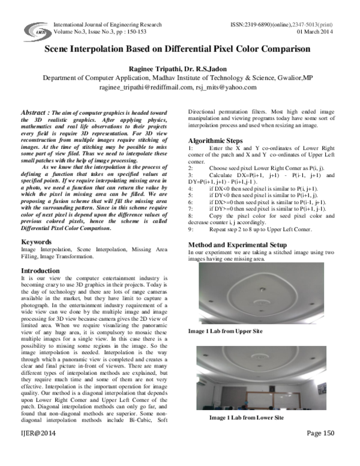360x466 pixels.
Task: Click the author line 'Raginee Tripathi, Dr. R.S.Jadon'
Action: [x=181, y=68]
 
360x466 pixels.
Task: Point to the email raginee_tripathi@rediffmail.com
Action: [x=140, y=87]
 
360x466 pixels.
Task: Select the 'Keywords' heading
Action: [x=36, y=242]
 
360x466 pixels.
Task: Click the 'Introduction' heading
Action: [x=41, y=271]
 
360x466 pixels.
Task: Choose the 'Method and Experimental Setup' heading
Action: [x=236, y=262]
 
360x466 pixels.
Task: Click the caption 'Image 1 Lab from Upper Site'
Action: [x=226, y=331]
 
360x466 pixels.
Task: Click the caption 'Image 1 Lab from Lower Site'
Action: [x=246, y=417]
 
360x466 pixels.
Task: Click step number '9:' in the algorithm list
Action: [x=191, y=246]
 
